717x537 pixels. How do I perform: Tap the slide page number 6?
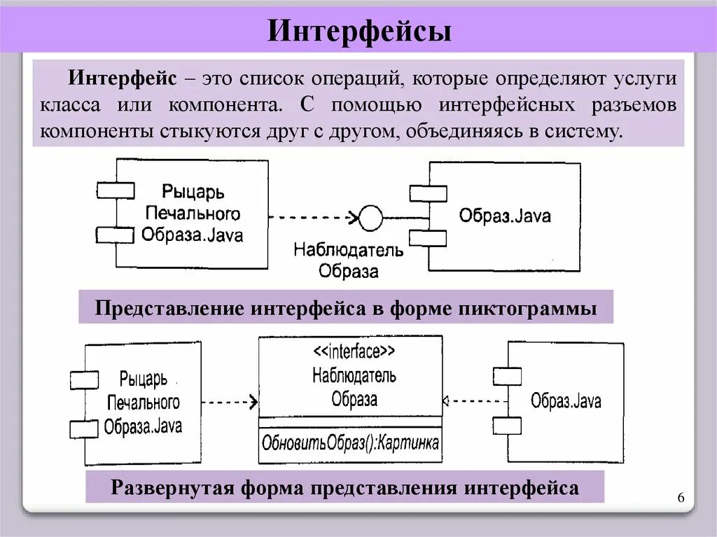(x=681, y=497)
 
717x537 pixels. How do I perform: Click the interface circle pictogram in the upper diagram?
(x=370, y=217)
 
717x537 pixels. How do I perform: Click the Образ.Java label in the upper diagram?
(x=505, y=216)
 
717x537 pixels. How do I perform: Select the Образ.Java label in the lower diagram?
(x=566, y=402)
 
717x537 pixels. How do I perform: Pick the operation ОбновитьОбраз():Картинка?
(x=350, y=442)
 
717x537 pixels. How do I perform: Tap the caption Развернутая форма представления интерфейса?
(x=344, y=487)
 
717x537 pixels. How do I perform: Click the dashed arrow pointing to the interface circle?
(x=312, y=217)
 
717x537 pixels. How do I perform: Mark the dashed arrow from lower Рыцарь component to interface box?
(x=228, y=403)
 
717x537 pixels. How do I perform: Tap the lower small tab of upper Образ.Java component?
(x=428, y=238)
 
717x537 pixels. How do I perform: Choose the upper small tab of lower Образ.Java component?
(x=507, y=377)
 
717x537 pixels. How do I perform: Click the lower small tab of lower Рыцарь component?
(x=83, y=427)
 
